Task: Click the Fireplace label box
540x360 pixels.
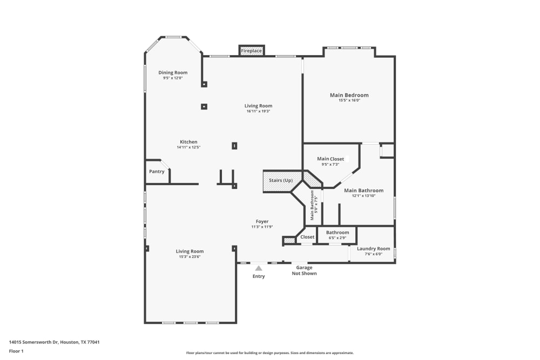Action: [252, 51]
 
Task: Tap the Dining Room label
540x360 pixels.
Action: [173, 73]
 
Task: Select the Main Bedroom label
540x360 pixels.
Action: [349, 95]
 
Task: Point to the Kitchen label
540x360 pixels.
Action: [188, 142]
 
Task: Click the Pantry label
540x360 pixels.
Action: [157, 172]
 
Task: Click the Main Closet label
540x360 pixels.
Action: [330, 159]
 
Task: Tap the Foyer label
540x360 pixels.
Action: [262, 221]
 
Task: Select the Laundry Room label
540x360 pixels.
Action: [373, 248]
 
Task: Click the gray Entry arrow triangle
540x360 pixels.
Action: [259, 268]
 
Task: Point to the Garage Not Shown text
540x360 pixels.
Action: [304, 270]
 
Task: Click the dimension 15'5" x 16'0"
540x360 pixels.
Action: [349, 100]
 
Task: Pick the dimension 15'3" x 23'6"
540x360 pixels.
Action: [190, 257]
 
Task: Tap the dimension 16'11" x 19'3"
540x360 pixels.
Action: [258, 111]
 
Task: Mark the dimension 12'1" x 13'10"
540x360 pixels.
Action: [363, 196]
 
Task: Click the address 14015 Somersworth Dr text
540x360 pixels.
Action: [55, 342]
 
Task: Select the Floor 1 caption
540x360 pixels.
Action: [16, 351]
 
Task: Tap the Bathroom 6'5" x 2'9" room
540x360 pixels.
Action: [337, 235]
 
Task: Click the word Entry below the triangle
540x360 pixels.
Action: [259, 276]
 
